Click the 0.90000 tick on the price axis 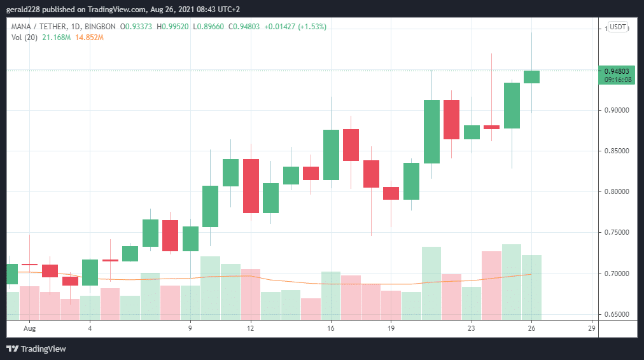click(616, 110)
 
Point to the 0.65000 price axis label click(616, 314)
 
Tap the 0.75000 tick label click(616, 233)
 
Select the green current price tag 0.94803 click(616, 71)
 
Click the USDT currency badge click(617, 27)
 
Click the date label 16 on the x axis click(331, 328)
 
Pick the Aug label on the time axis click(28, 328)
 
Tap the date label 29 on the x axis click(592, 328)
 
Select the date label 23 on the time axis click(471, 328)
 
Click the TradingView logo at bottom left click(36, 349)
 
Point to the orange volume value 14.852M click(88, 38)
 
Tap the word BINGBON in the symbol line click(101, 27)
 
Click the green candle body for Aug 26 click(532, 77)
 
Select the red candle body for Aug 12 click(251, 186)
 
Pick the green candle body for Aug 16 click(331, 155)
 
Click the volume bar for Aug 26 click(532, 287)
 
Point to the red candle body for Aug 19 click(391, 193)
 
